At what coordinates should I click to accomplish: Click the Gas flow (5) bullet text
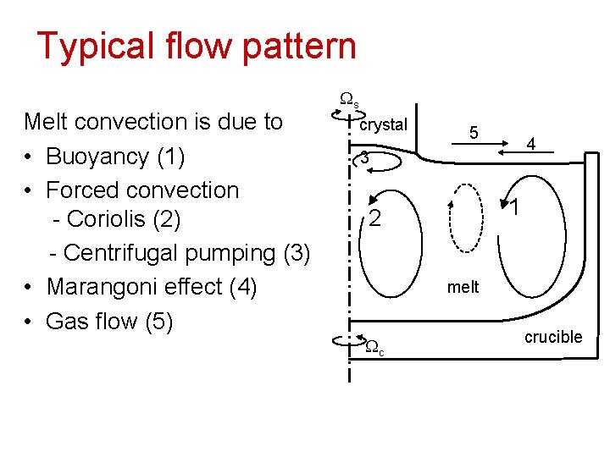[110, 322]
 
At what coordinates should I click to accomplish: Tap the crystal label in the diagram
[384, 124]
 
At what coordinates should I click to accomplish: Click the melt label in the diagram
[463, 287]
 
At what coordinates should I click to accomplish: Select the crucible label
[553, 337]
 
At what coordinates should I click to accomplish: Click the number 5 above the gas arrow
[474, 133]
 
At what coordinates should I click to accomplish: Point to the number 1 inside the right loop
[513, 206]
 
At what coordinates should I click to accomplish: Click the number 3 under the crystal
[363, 157]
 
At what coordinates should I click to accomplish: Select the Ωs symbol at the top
[349, 99]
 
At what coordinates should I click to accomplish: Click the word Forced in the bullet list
[75, 190]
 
